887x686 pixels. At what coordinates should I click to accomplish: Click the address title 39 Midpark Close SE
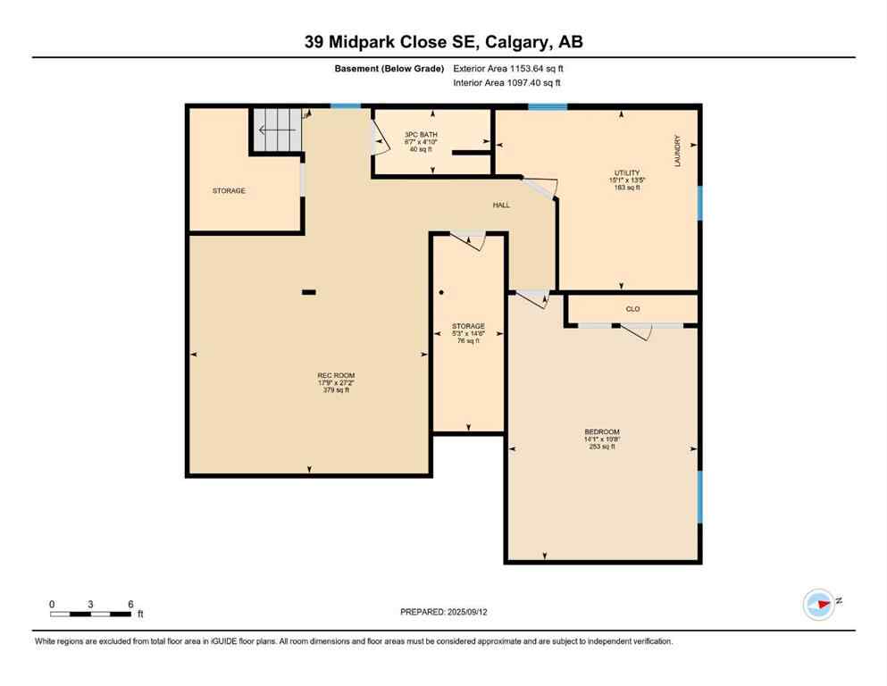point(443,43)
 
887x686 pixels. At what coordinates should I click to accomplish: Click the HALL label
point(501,205)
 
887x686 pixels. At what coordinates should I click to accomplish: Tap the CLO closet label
point(632,309)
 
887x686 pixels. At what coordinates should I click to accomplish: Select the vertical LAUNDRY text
point(678,151)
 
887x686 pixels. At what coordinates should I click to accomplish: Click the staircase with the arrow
point(276,130)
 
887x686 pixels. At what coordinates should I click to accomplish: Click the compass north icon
point(818,604)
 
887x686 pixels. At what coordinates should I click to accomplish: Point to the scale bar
point(91,614)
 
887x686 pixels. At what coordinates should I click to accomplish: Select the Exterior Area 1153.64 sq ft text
point(508,68)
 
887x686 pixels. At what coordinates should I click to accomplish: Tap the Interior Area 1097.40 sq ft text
point(508,83)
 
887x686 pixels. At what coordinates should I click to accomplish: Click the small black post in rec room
point(309,290)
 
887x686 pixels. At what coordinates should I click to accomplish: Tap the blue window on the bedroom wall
point(699,497)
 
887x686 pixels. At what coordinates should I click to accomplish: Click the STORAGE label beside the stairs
point(229,190)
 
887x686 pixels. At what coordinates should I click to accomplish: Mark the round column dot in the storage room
point(440,292)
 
